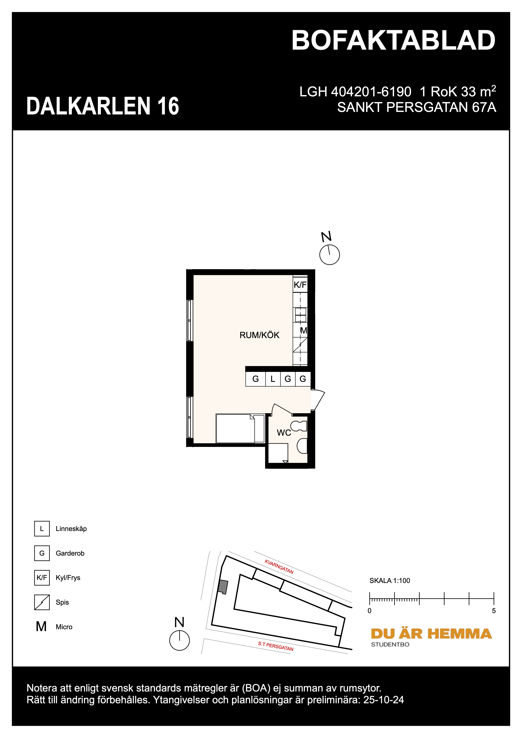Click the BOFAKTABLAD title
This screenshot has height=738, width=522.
click(x=393, y=41)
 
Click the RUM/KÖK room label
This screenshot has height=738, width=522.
click(x=259, y=335)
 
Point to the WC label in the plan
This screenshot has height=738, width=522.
click(x=284, y=433)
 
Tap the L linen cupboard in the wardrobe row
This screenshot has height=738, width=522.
click(x=273, y=379)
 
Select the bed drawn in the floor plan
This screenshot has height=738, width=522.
click(x=240, y=429)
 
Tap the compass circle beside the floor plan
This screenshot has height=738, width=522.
click(x=329, y=255)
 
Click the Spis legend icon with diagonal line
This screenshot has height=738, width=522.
click(x=42, y=602)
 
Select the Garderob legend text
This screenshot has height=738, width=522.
click(x=70, y=553)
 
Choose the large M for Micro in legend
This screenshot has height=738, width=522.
click(x=41, y=627)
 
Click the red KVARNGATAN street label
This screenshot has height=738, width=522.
click(x=279, y=567)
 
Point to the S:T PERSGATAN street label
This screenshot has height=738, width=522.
click(x=276, y=646)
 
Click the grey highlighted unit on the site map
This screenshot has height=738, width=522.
click(x=223, y=587)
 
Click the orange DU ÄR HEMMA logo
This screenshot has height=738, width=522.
click(x=431, y=634)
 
